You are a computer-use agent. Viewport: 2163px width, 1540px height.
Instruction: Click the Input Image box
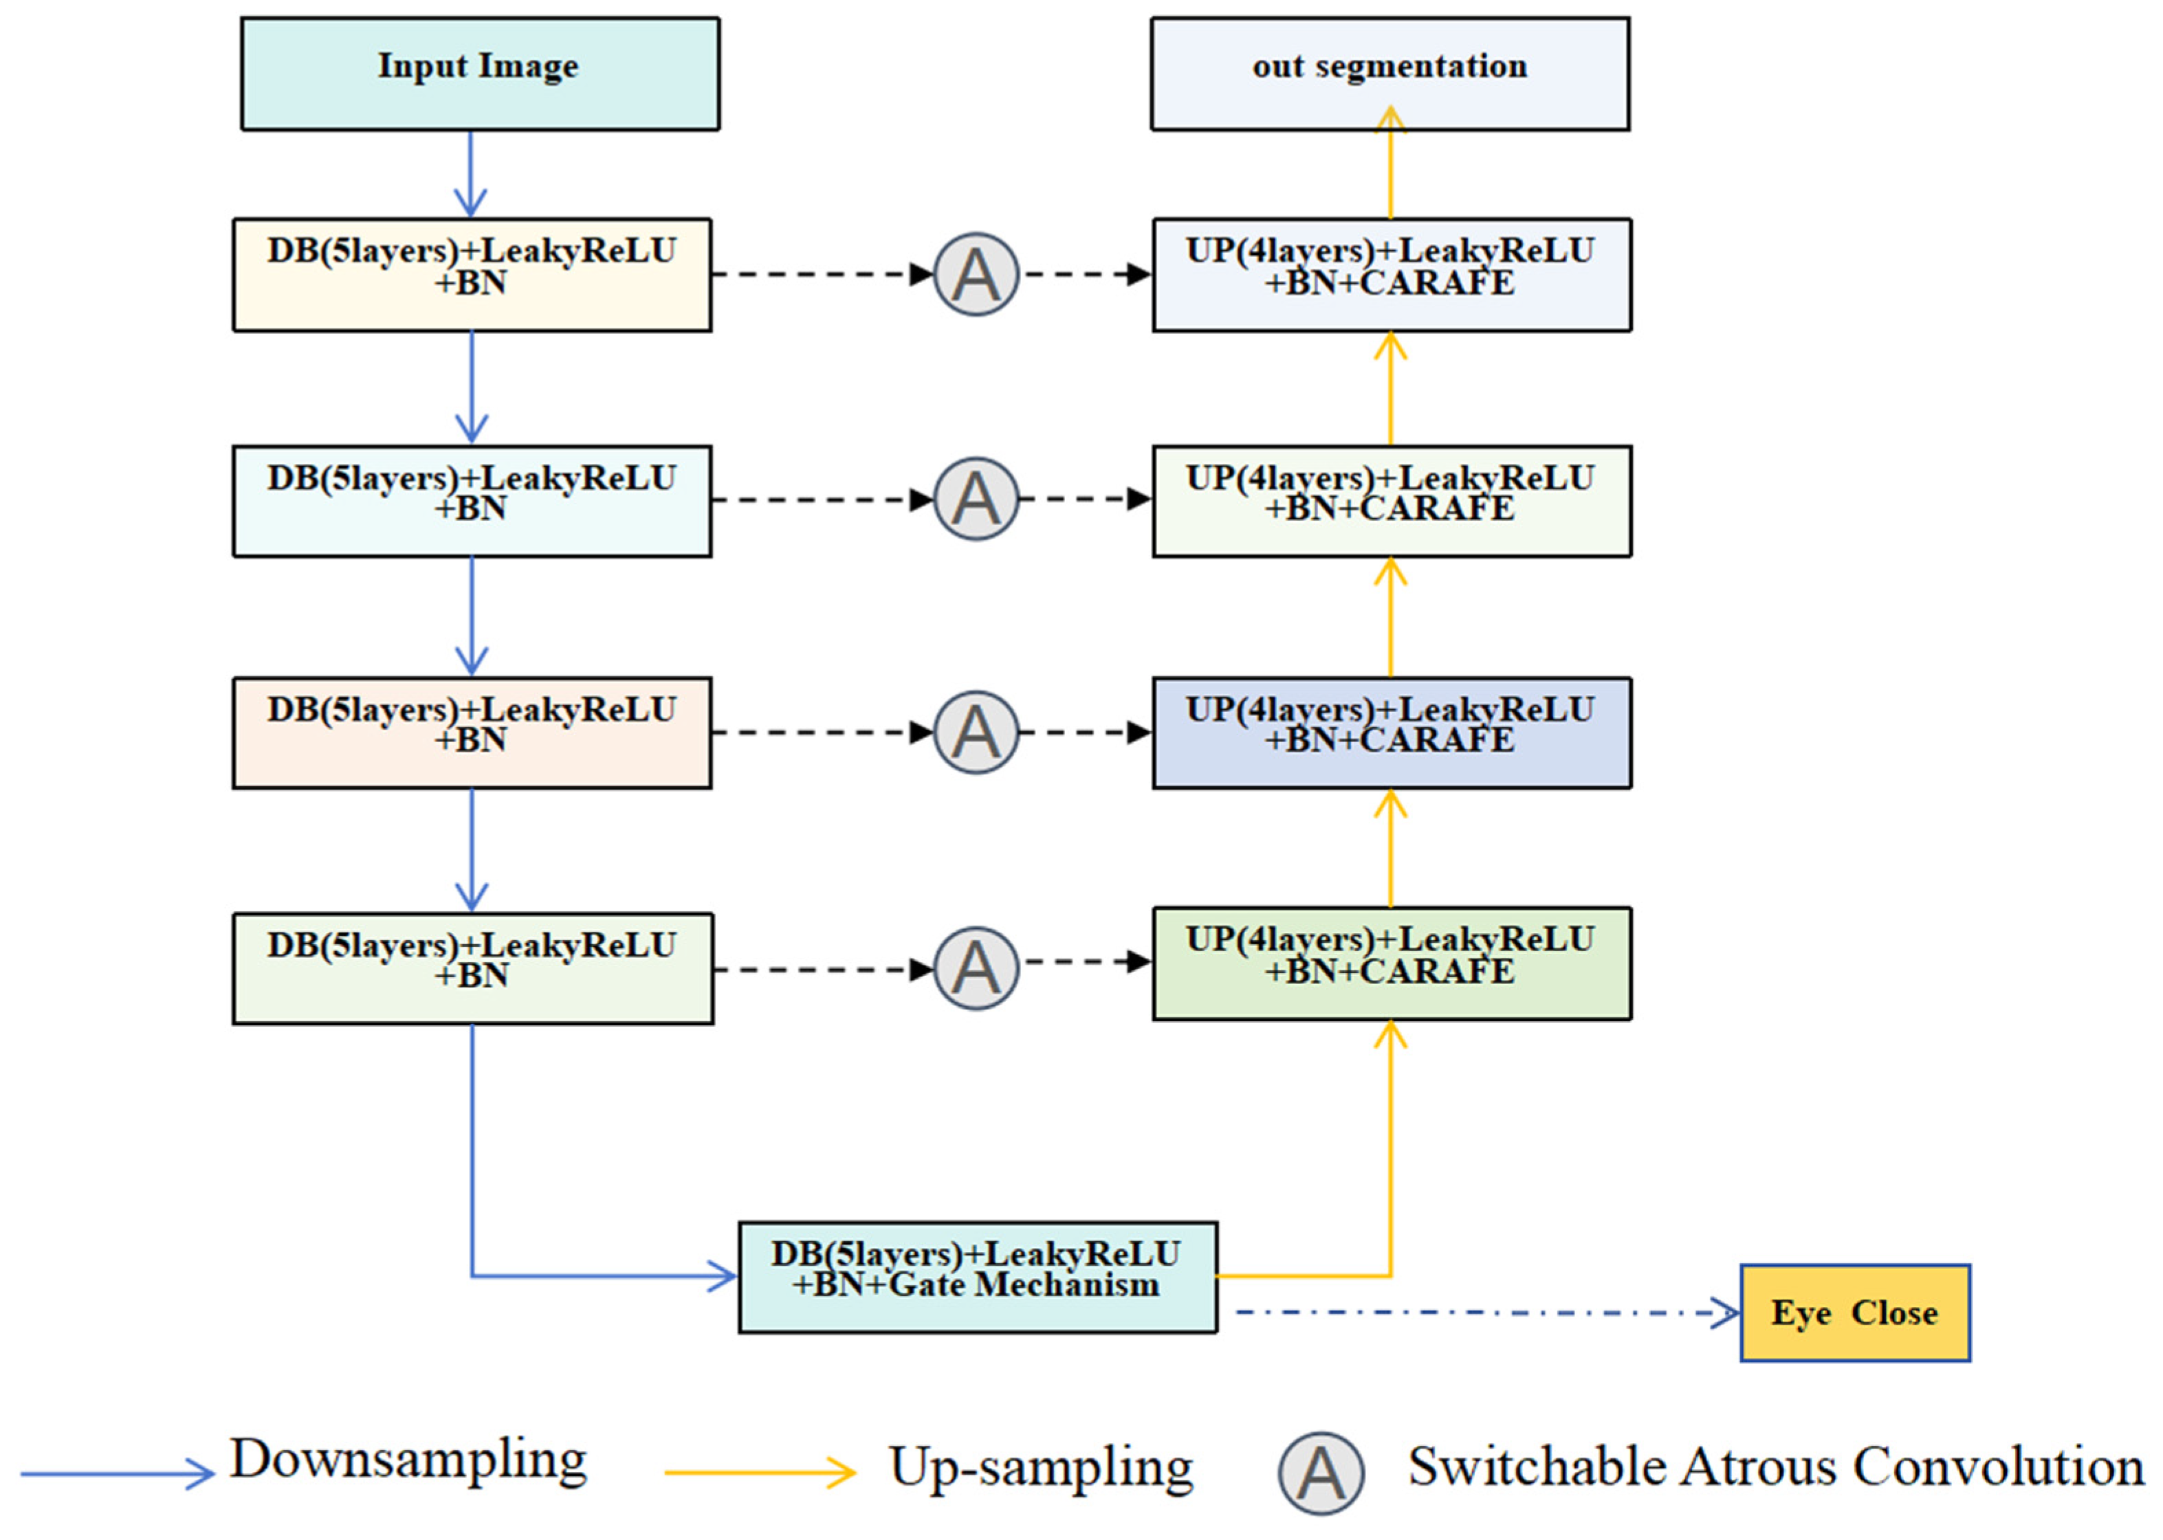(x=480, y=74)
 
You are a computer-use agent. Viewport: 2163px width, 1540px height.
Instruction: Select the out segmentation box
(x=1390, y=74)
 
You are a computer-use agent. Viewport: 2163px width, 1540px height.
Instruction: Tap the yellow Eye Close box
(x=1855, y=1313)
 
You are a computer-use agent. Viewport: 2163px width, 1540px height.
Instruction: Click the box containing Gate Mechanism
(x=977, y=1277)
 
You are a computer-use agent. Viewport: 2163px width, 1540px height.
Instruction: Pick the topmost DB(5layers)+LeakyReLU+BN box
(x=472, y=275)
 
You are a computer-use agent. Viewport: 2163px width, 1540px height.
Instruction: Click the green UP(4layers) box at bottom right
(x=1392, y=963)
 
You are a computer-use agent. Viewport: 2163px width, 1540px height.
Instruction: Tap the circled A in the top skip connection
(x=976, y=275)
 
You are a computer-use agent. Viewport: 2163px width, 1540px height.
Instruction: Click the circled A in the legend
(x=1321, y=1473)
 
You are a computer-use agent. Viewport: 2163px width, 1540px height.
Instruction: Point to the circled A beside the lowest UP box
(x=976, y=968)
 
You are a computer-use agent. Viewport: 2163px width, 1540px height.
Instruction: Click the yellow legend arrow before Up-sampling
(x=759, y=1473)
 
